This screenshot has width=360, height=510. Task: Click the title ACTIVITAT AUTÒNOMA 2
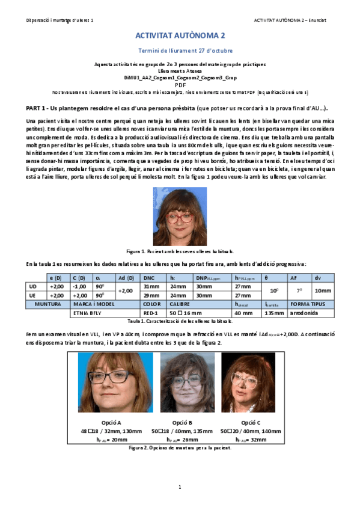pos(180,36)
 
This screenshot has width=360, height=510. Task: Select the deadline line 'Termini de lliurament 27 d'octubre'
pos(180,51)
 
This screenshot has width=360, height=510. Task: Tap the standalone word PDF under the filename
pos(180,85)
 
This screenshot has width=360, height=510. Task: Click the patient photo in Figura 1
pos(180,216)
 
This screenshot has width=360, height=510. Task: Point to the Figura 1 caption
pos(180,251)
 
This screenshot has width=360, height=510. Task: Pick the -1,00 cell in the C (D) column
pos(79,286)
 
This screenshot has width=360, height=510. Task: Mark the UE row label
pos(33,295)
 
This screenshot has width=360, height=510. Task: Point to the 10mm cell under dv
pos(323,290)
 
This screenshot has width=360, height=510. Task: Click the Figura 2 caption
pos(180,448)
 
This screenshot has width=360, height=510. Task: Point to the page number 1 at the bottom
pos(180,487)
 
